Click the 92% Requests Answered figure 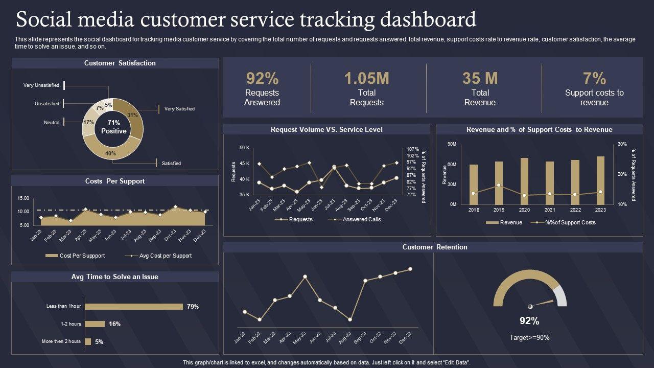coord(262,78)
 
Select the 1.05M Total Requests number coord(366,78)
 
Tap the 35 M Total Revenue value coord(480,78)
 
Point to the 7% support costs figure coord(594,78)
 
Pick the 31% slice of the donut coord(134,114)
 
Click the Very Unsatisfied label coord(41,85)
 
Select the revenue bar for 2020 coord(524,181)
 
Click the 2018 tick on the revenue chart coord(474,210)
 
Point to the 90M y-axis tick coord(452,144)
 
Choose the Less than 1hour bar coord(134,307)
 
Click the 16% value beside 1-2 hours coord(114,324)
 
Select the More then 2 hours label coord(61,341)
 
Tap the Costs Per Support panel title coord(114,181)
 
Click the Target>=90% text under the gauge coord(529,338)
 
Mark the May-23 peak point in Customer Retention coord(305,277)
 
